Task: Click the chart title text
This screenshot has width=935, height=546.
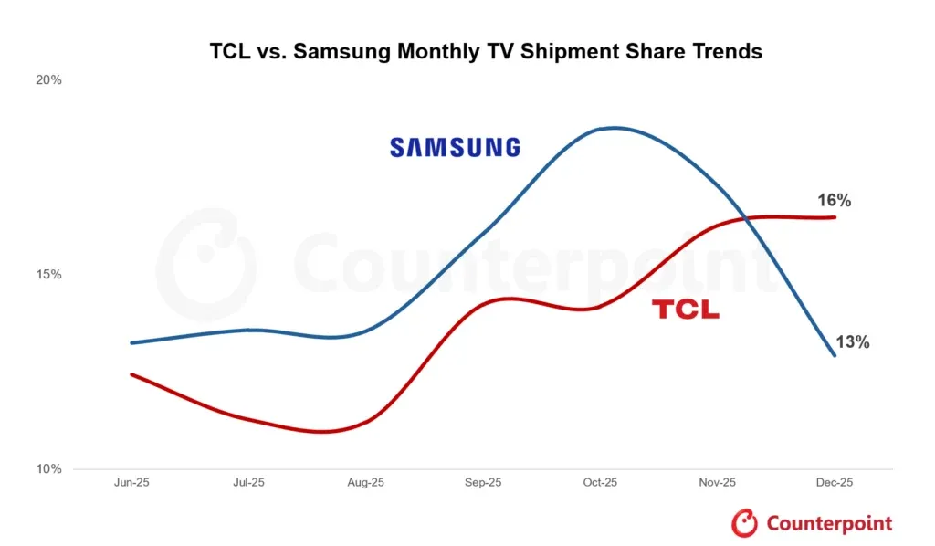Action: (486, 52)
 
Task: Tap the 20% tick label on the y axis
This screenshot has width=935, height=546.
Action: (48, 79)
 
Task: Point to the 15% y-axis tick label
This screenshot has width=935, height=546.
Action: (48, 274)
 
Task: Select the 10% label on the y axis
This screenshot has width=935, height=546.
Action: (48, 468)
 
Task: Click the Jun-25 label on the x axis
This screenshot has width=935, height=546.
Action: (131, 482)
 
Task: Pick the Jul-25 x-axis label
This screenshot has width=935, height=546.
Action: (248, 482)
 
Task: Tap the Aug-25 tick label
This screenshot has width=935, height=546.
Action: (365, 482)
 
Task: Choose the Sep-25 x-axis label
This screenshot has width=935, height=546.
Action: (483, 482)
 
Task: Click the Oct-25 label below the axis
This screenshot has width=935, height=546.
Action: (600, 482)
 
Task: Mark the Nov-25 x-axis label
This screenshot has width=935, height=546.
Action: (717, 482)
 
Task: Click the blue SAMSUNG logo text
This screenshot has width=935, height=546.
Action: (455, 147)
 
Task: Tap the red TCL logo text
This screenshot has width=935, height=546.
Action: (685, 310)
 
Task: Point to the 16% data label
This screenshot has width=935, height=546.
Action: (834, 201)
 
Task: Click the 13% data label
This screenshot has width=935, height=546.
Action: (852, 343)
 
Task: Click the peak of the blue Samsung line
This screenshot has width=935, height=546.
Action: (613, 128)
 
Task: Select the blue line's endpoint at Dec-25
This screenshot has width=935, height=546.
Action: (835, 355)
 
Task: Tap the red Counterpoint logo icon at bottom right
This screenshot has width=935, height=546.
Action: (745, 523)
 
